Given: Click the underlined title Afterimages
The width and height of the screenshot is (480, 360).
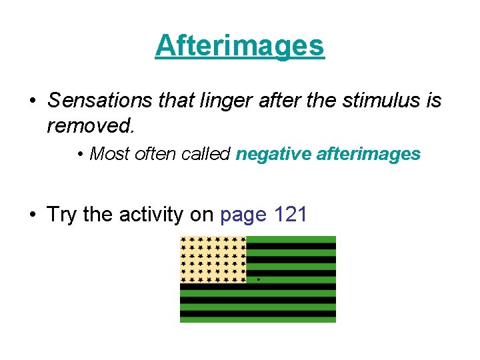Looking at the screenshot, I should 239,46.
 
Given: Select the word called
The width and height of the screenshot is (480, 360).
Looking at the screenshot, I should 207,154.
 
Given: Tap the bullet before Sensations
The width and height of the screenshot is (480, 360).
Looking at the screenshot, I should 32,101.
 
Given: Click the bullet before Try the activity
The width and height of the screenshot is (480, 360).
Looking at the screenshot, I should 32,215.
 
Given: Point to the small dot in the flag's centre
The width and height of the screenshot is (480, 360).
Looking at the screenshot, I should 258,279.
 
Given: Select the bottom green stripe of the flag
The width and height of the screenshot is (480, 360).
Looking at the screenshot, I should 258,319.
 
